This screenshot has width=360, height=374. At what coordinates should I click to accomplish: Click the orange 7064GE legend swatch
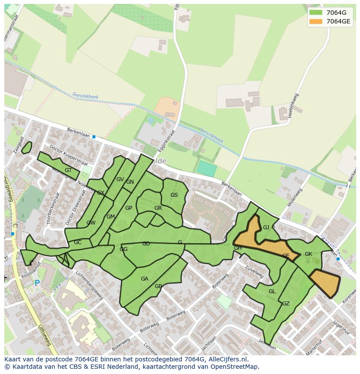coord(316,21)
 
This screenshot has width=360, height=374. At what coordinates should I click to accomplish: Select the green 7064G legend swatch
coord(316,13)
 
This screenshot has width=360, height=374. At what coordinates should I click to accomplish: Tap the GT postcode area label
coord(68,170)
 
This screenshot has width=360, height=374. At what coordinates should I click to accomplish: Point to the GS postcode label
coord(174,195)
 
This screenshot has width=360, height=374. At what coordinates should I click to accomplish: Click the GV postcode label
coord(120,179)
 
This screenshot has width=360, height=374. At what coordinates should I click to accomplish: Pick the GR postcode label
coord(158,208)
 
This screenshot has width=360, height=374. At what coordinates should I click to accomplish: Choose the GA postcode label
coord(144,279)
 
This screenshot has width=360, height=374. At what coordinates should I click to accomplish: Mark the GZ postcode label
coord(286,304)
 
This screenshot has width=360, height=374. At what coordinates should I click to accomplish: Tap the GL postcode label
coord(272,291)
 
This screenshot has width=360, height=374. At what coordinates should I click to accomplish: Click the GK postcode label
coord(308,254)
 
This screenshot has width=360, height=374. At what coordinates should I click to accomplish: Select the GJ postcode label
coord(266,228)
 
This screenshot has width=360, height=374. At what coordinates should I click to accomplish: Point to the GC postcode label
coord(77,242)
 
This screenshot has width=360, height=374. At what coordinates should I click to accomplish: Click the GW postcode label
coord(91,223)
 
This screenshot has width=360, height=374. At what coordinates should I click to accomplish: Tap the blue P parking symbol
coord(37,283)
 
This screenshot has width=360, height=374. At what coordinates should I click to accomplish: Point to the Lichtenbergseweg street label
coord(89,286)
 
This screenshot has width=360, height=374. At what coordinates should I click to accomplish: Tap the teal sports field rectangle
coord(206,169)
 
